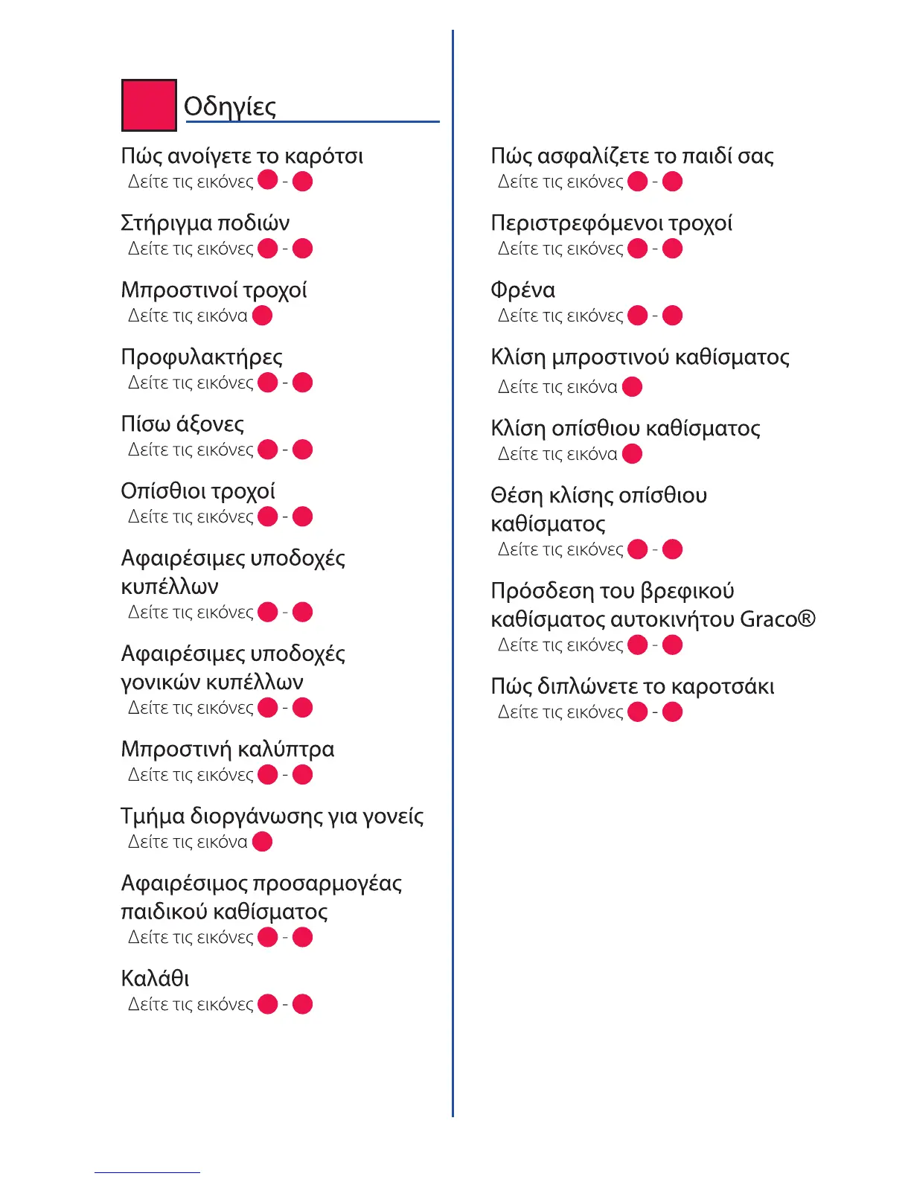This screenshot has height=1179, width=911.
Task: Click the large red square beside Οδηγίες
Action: (149, 105)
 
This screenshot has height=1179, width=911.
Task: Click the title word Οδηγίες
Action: (230, 106)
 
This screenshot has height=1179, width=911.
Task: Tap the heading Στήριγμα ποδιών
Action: (205, 223)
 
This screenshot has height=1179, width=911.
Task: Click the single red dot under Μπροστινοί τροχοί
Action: (263, 316)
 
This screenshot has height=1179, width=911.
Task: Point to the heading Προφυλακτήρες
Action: (202, 357)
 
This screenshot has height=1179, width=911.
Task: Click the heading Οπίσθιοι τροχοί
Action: (198, 491)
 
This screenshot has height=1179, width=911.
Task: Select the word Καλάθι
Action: (155, 979)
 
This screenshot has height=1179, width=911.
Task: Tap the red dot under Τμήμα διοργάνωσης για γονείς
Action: (263, 842)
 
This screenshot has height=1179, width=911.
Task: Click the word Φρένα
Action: (522, 290)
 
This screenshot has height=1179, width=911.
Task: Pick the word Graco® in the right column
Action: (778, 619)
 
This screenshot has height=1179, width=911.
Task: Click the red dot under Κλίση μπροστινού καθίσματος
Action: (632, 387)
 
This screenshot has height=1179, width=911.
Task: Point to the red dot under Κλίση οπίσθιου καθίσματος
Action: (632, 454)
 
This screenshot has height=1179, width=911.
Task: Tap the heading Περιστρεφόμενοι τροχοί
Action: (611, 223)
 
